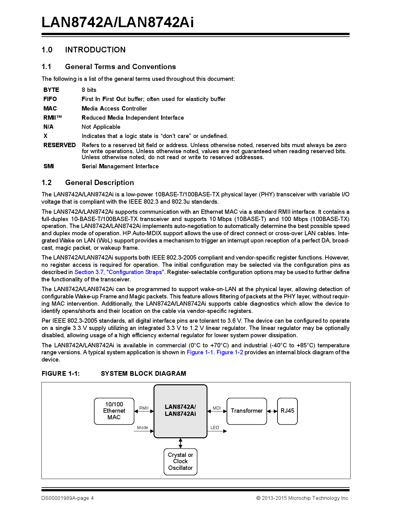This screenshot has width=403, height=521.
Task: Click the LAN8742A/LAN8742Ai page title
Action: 118,22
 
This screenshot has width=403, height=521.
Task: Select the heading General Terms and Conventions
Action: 120,67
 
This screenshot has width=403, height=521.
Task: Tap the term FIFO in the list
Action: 50,99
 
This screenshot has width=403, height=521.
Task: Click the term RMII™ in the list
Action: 52,117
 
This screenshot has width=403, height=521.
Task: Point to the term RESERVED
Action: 59,145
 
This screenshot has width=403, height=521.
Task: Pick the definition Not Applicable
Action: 101,127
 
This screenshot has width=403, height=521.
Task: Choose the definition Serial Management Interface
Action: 120,166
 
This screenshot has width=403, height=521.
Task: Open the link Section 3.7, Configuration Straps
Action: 119,272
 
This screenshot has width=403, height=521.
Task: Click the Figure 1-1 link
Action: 200,352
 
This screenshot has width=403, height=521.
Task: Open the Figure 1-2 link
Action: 230,352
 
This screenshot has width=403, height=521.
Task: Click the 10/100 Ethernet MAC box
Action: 114,411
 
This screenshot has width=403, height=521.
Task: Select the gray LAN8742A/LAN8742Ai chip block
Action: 180,411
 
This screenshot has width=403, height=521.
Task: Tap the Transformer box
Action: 247,411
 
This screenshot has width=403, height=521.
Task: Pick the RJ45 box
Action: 287,411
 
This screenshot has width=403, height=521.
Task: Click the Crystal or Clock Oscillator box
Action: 180,462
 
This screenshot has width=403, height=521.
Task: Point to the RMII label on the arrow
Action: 144,408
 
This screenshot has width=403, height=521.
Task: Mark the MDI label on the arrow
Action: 217,408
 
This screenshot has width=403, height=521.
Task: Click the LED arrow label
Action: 215,428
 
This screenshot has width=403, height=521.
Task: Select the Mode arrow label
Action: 143,428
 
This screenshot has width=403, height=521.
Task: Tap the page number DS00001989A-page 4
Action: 67,498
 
